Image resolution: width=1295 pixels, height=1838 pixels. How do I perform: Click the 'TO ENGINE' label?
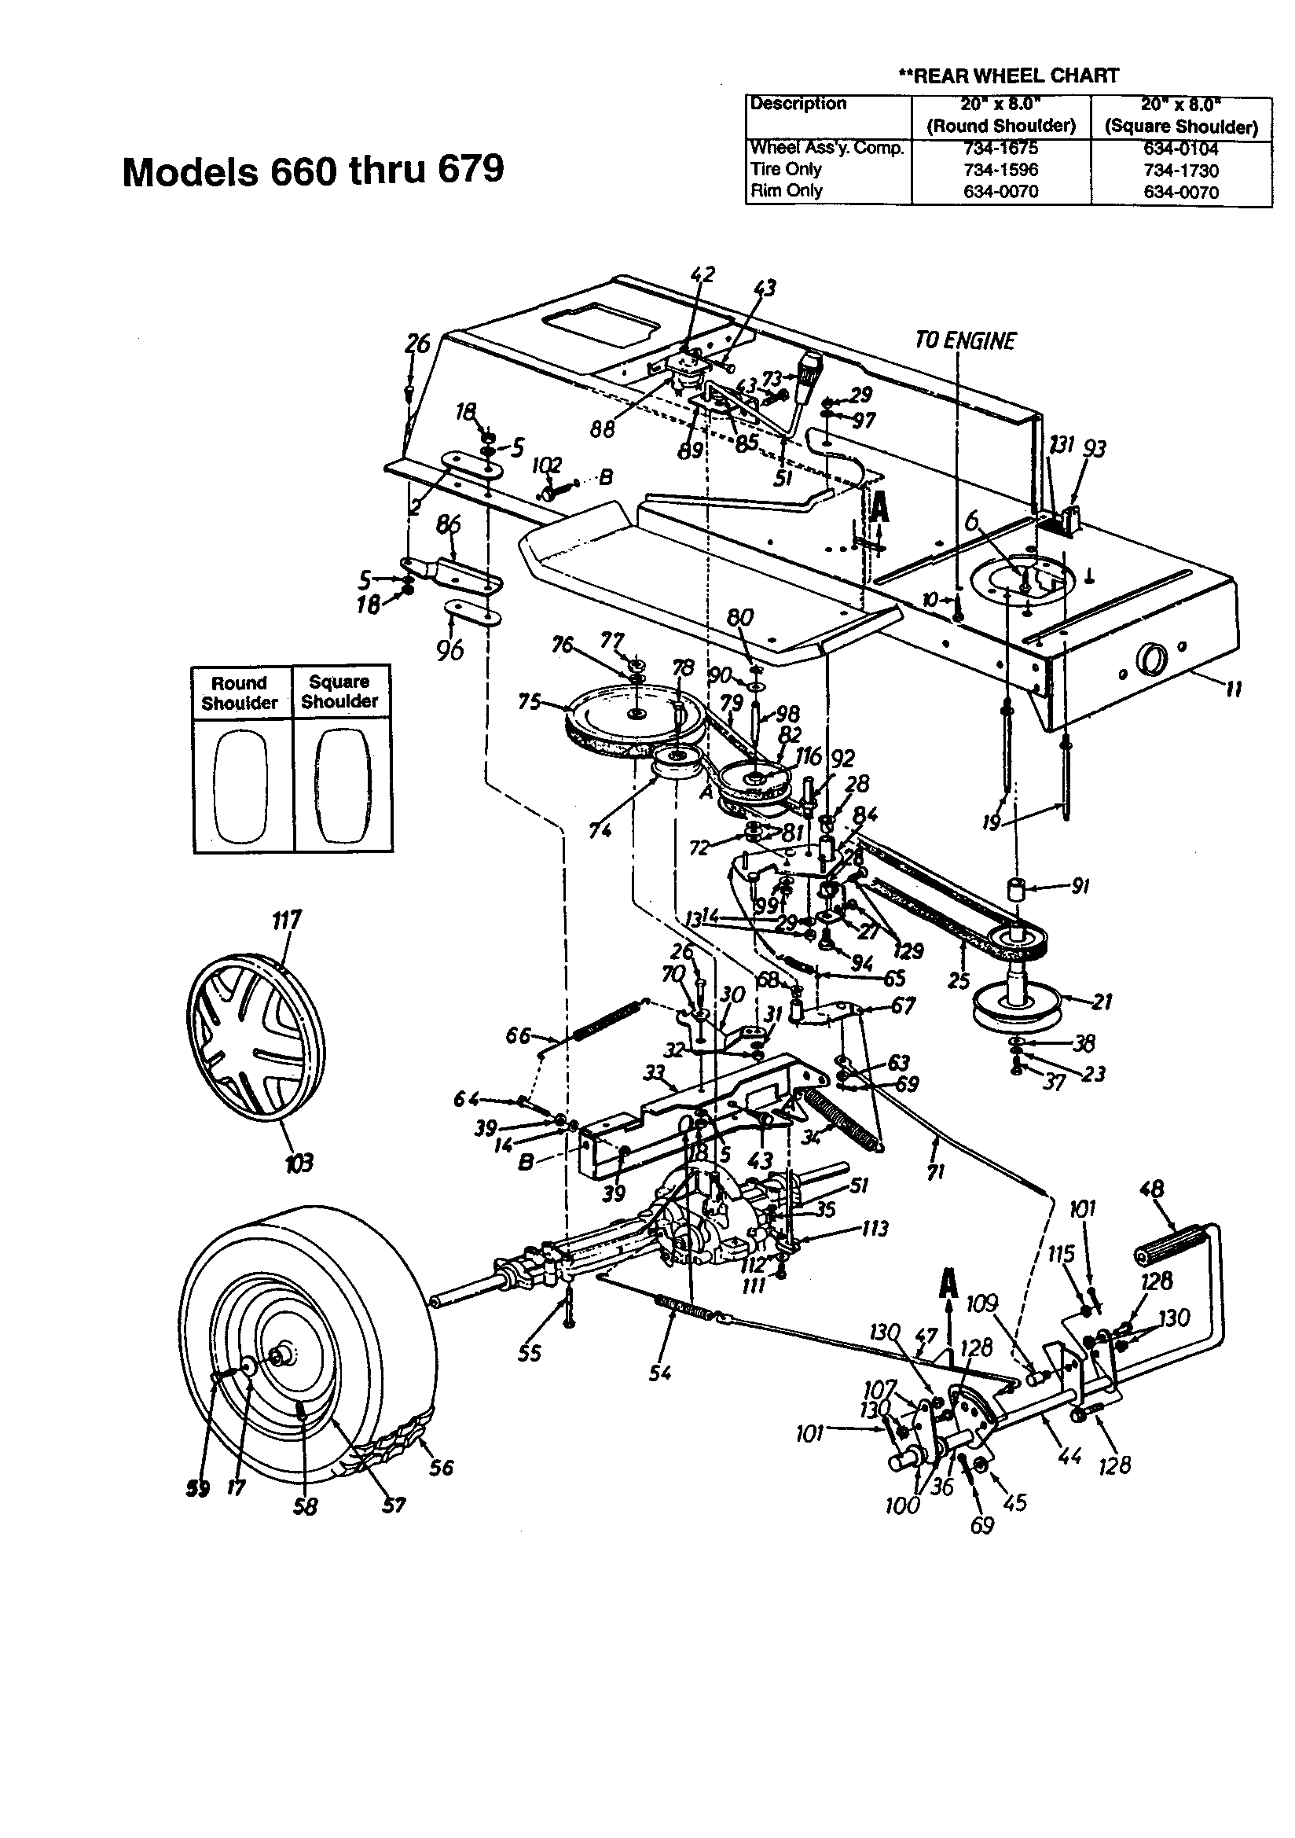(964, 341)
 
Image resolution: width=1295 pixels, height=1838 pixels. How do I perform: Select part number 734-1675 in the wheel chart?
(1000, 149)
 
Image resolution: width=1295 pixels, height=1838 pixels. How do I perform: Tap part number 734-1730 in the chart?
(1180, 171)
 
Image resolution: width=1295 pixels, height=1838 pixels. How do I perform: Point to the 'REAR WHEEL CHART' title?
(1008, 76)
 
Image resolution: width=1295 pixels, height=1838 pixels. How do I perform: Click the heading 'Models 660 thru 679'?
(313, 170)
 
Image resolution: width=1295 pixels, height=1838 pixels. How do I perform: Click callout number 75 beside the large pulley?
(530, 702)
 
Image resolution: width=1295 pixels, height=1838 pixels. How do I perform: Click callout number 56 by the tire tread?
(441, 1467)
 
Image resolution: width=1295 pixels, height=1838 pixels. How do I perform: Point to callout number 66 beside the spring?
(518, 1036)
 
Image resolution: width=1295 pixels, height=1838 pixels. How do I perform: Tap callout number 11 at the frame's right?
(1234, 689)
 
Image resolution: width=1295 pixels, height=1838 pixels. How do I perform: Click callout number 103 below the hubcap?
(299, 1162)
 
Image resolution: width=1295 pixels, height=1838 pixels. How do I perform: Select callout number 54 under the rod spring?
(660, 1373)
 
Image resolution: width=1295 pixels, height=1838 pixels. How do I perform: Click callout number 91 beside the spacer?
(1080, 886)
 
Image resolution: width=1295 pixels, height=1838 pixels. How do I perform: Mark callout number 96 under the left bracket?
(449, 649)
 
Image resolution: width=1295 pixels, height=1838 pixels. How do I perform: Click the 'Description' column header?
(797, 104)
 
